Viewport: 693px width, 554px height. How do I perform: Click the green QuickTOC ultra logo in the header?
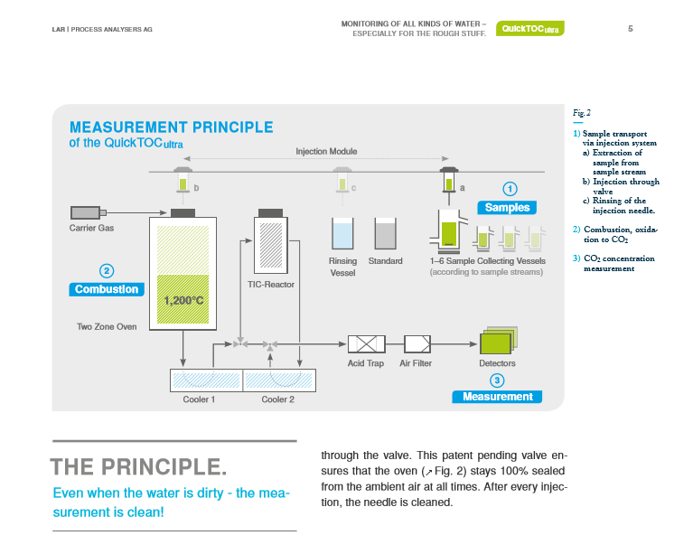[x=530, y=29]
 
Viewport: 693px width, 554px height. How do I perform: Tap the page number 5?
[x=630, y=28]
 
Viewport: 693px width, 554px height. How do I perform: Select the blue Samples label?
[x=508, y=208]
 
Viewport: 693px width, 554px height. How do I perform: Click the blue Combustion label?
[x=107, y=289]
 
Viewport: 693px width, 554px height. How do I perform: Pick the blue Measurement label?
[x=497, y=397]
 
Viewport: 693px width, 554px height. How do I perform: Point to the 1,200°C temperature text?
[x=183, y=300]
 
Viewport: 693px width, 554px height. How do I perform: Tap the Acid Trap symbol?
[x=367, y=343]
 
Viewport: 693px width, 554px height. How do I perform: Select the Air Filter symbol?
[x=417, y=343]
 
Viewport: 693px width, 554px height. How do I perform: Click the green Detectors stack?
[x=497, y=342]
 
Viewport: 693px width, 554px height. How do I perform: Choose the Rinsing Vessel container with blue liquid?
[x=343, y=234]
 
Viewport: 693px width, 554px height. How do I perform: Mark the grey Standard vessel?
[x=386, y=234]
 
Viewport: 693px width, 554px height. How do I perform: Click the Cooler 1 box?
[x=206, y=380]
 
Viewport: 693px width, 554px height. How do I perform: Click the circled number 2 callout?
[x=107, y=270]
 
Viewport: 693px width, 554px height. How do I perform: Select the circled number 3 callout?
[x=497, y=380]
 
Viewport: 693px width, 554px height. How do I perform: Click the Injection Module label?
[x=326, y=151]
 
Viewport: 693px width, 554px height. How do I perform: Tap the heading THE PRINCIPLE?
[x=138, y=467]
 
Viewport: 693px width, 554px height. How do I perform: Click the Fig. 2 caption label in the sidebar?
[x=582, y=113]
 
